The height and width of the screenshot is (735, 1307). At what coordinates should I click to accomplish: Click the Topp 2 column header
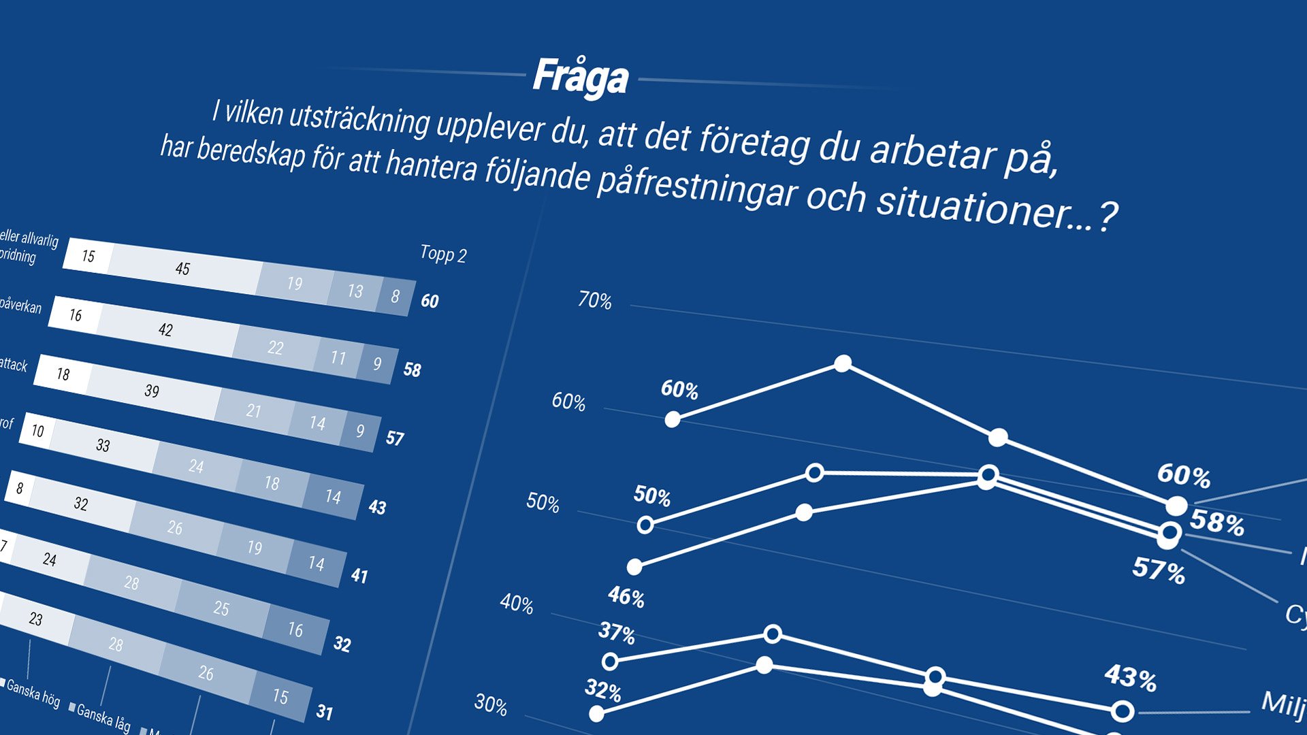point(443,255)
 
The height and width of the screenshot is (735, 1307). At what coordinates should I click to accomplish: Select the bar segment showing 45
point(182,269)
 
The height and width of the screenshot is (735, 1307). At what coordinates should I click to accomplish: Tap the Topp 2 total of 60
point(430,301)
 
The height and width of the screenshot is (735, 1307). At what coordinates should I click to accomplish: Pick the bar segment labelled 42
point(165,330)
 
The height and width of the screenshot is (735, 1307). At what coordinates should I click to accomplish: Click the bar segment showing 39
point(152,391)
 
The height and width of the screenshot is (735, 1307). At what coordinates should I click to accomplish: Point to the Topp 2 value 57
point(395,438)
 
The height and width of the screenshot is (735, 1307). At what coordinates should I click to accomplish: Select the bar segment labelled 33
point(103,445)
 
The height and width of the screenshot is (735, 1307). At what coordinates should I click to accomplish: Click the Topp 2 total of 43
point(377,507)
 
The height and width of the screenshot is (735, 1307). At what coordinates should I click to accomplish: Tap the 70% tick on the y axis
point(594,300)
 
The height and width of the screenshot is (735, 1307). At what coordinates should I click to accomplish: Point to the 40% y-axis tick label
point(516,603)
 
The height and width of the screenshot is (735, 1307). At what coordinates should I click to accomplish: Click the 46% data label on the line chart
point(626,597)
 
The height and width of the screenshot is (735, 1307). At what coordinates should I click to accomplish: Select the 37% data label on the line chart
point(616,633)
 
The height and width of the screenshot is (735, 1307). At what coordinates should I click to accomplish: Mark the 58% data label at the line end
point(1217,523)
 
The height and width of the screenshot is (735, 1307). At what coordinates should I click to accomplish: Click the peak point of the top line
point(843,363)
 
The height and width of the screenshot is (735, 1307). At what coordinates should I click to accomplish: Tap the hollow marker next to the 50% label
point(645,525)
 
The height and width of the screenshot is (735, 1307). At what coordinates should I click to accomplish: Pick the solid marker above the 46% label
point(634,566)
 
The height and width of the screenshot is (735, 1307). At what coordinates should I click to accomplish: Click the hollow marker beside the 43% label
point(1123,712)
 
